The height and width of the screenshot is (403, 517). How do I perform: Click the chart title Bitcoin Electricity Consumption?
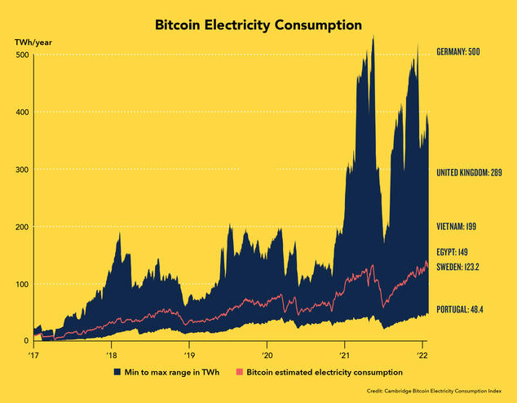coord(258,25)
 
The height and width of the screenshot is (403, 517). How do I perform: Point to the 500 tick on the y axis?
coord(22,55)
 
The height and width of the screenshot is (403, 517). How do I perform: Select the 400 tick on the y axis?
coord(22,112)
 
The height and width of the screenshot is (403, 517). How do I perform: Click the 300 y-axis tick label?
coord(22,169)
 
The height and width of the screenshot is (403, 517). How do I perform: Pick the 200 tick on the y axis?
coord(22,226)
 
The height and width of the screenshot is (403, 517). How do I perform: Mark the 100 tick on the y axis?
coord(22,284)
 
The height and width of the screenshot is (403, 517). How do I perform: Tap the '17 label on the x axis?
coord(34,356)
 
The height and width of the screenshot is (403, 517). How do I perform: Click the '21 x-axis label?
coord(344,356)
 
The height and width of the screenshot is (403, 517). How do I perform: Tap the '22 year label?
coord(422,356)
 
